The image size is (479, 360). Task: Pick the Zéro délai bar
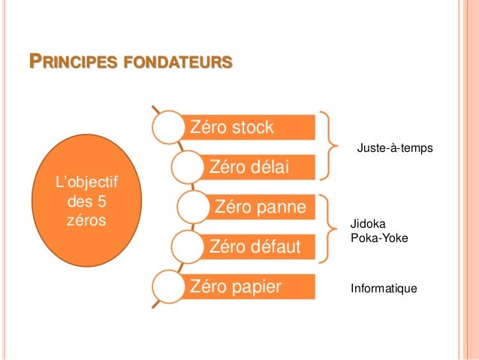(x=259, y=165)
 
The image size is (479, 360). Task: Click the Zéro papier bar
(x=248, y=286)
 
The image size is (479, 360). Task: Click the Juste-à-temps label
(x=394, y=150)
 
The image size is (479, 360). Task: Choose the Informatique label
(x=383, y=288)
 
